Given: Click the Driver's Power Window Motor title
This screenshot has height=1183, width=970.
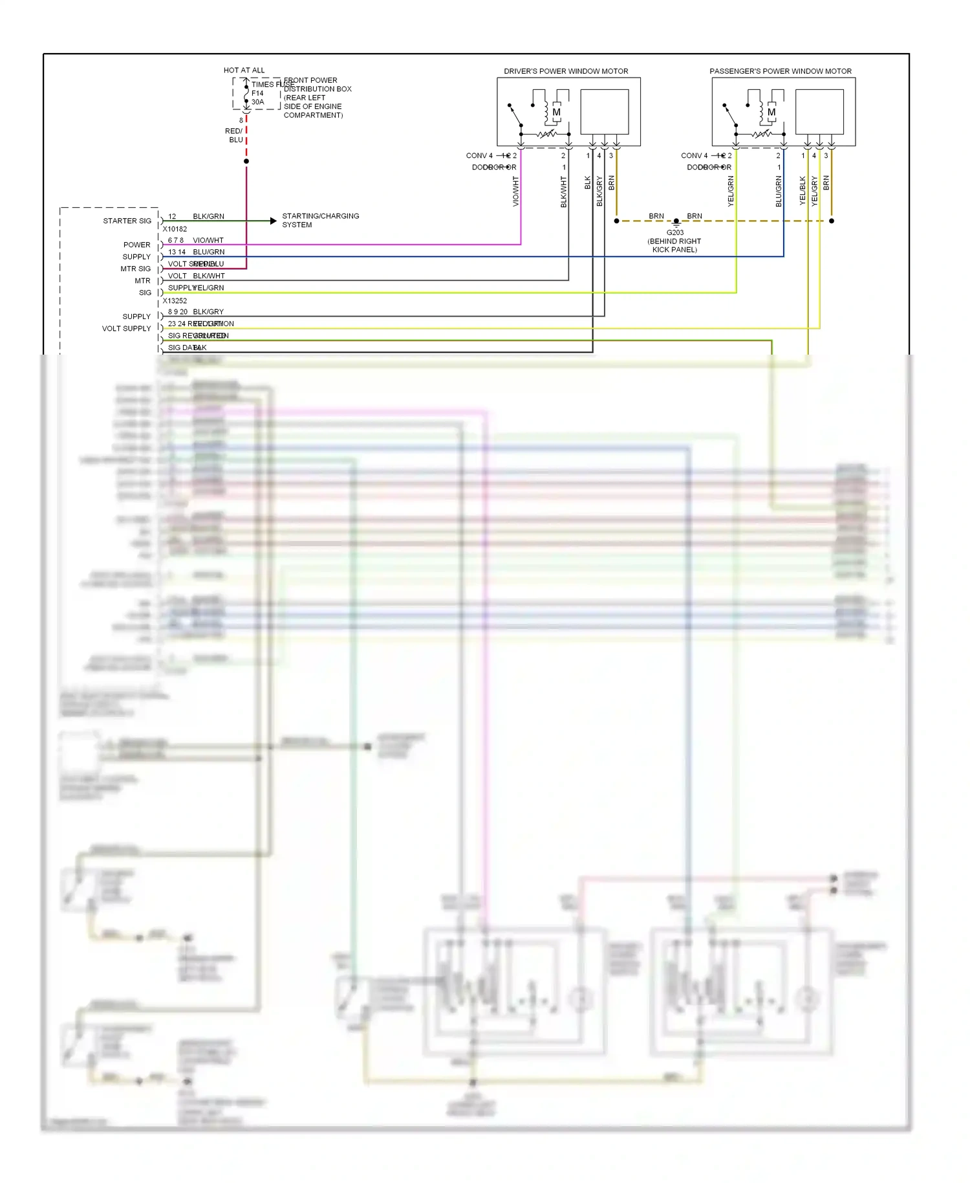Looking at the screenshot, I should pos(566,71).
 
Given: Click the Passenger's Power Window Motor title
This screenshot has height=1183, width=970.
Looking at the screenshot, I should pos(780,71).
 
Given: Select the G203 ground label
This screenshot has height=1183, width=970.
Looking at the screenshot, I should pos(674,232).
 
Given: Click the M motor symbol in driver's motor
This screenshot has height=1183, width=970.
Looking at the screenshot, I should pos(556,112).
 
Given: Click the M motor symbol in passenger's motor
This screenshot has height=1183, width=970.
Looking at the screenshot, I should pos(771,112).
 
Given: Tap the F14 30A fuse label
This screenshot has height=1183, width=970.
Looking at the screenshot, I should pos(257,98).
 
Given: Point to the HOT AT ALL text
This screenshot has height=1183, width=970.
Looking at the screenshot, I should pos(244,70).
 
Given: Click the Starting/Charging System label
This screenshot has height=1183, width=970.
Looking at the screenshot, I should pos(320,220).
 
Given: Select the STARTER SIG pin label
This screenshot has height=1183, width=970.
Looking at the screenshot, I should pos(127,221).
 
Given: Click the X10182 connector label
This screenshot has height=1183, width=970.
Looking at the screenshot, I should pos(175,229).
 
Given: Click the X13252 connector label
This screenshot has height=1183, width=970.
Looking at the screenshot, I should pos(175,301).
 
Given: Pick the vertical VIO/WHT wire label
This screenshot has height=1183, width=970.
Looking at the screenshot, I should pos(515,191).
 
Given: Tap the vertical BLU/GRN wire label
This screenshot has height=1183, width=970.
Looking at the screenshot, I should pos(779,191).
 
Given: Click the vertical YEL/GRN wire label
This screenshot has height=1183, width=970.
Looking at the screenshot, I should pos(731,191).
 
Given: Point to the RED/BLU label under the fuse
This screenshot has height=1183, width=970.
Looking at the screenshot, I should pos(234,135).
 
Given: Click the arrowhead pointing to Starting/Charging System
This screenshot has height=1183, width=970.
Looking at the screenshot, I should pos(274,221).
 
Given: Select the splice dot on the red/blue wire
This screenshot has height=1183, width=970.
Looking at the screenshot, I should pos(246,161).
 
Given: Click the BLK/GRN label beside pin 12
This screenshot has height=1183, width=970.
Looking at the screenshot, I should pos(208,216).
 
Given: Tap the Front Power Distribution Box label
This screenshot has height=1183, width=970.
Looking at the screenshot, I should pos(317,98).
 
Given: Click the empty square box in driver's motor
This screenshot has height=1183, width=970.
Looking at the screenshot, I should pos(605,111).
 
